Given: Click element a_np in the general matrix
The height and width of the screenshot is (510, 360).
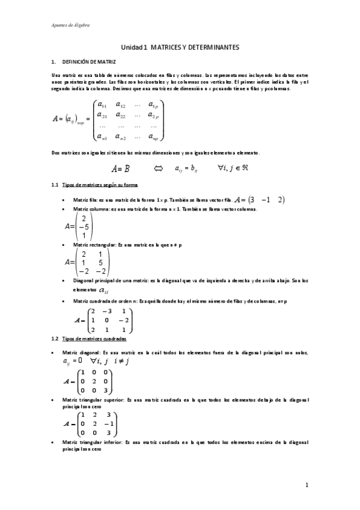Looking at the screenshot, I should click(x=154, y=137).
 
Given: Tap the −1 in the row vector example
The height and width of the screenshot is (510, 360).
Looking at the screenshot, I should click(x=266, y=200).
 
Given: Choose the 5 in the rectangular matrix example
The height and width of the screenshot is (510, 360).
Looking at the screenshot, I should click(x=101, y=262).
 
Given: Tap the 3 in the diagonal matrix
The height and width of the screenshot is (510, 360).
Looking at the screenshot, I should click(x=106, y=390).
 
